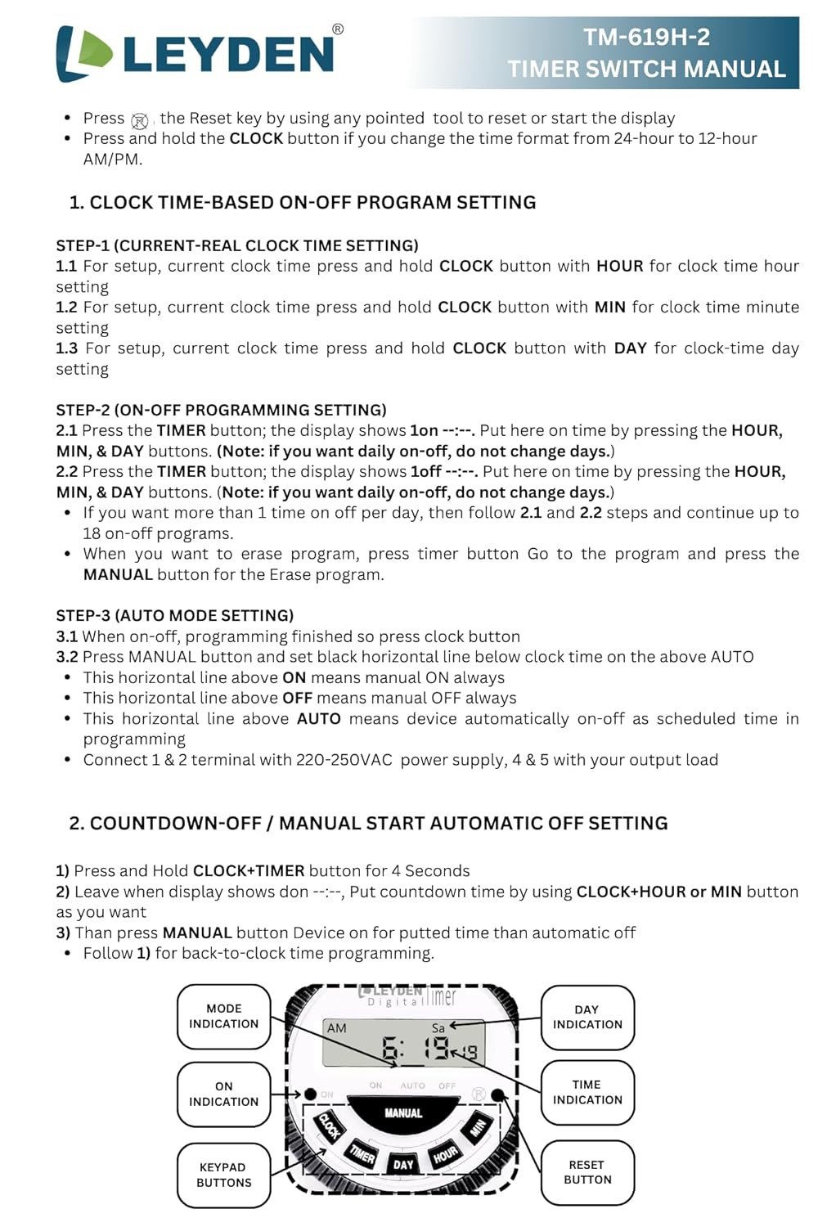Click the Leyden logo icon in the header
pyautogui.click(x=84, y=54)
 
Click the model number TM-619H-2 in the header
pyautogui.click(x=646, y=37)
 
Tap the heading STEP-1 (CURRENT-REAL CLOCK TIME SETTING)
pyautogui.click(x=237, y=245)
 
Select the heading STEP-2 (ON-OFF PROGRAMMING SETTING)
pyautogui.click(x=221, y=410)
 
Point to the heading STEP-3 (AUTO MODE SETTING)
pyautogui.click(x=174, y=615)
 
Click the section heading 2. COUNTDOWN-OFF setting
pyautogui.click(x=368, y=823)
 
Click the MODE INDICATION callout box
pyautogui.click(x=223, y=1016)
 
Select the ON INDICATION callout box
pyautogui.click(x=223, y=1094)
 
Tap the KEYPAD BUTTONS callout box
pyautogui.click(x=223, y=1175)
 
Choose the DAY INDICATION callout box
pyautogui.click(x=587, y=1017)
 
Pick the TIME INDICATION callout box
pyautogui.click(x=587, y=1092)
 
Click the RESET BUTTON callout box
pyautogui.click(x=587, y=1172)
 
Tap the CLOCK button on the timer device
pyautogui.click(x=329, y=1126)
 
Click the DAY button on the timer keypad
pyautogui.click(x=403, y=1164)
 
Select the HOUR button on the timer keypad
pyautogui.click(x=445, y=1154)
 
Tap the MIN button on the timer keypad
pyautogui.click(x=478, y=1128)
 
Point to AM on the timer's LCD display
pyautogui.click(x=336, y=1028)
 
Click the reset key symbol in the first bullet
pyautogui.click(x=140, y=121)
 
